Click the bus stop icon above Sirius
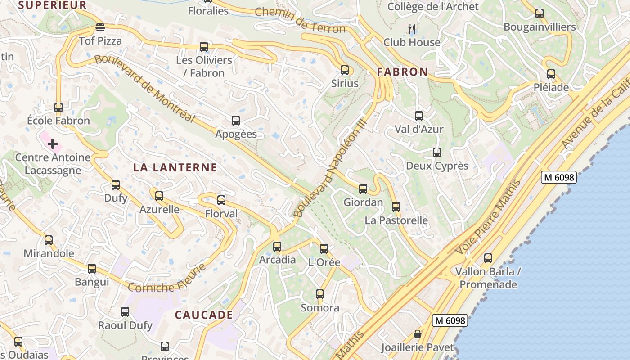pyautogui.click(x=345, y=70)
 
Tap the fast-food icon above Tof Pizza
pyautogui.click(x=100, y=28)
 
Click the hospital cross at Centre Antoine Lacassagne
pyautogui.click(x=53, y=144)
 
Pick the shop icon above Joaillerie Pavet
pyautogui.click(x=418, y=334)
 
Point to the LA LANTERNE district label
pyautogui.click(x=175, y=168)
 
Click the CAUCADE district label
pyautogui.click(x=204, y=315)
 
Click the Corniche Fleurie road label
pyautogui.click(x=167, y=279)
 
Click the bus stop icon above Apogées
pyautogui.click(x=236, y=121)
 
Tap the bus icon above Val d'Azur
pyautogui.click(x=419, y=116)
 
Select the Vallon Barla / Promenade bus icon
pyautogui.click(x=488, y=258)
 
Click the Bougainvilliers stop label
pyautogui.click(x=540, y=27)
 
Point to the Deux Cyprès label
pyautogui.click(x=437, y=166)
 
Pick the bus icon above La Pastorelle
pyautogui.click(x=396, y=207)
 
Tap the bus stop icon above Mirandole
pyautogui.click(x=49, y=240)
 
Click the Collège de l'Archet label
pyautogui.click(x=433, y=6)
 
